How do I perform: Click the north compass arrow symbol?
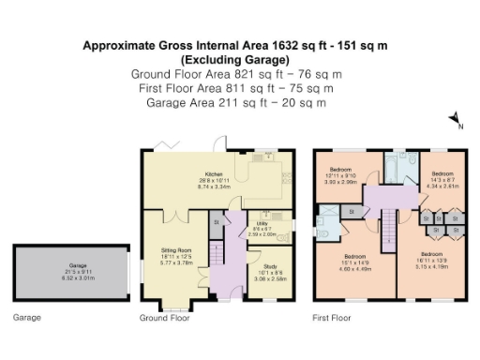point(455,118)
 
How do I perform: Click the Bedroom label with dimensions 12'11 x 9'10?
point(339,180)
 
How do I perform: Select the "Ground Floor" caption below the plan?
point(164,319)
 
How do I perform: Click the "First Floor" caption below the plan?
point(332,319)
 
